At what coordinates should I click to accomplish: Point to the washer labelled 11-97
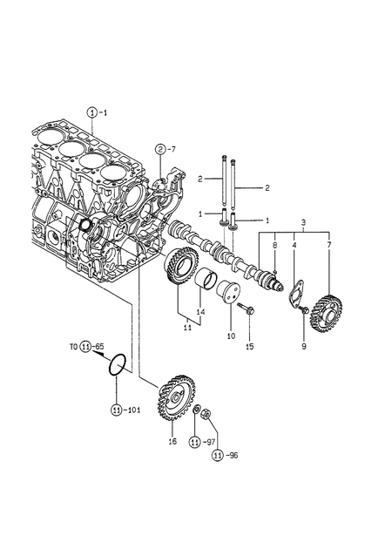click(x=196, y=410)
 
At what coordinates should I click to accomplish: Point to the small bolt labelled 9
click(x=304, y=310)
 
